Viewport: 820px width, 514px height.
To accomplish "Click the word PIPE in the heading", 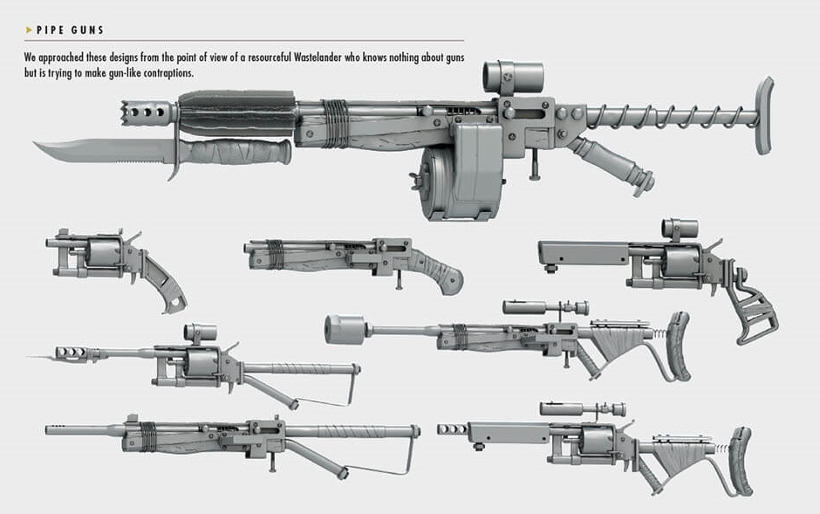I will pyautogui.click(x=51, y=31).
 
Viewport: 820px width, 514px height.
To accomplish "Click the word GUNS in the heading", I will pyautogui.click(x=88, y=31).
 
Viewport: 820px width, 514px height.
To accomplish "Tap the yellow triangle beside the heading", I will pyautogui.click(x=28, y=31).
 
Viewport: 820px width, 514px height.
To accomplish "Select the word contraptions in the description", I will pyautogui.click(x=164, y=72).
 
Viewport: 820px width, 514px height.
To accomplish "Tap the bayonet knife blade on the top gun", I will pyautogui.click(x=87, y=153).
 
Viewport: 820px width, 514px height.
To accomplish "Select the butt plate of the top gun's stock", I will pyautogui.click(x=765, y=113).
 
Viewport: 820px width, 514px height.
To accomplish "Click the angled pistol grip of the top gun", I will pyautogui.click(x=620, y=166).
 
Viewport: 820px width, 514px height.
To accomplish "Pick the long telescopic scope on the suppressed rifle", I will pyautogui.click(x=545, y=307).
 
